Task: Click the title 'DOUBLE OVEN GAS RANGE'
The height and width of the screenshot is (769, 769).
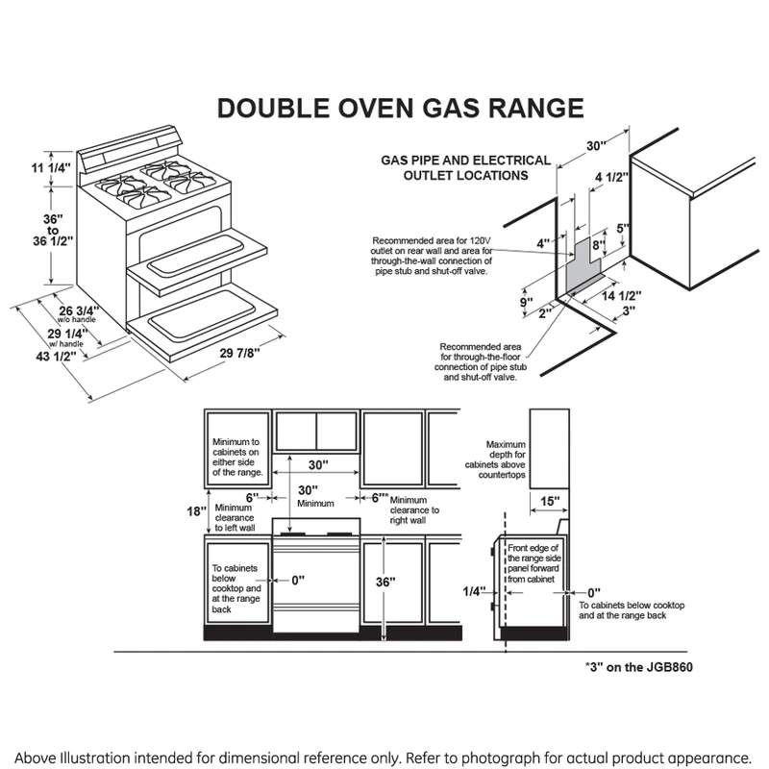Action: tap(400, 107)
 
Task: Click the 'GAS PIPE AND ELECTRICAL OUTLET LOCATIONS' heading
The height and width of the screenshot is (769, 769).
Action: tap(466, 168)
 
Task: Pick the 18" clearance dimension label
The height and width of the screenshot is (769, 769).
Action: tap(193, 512)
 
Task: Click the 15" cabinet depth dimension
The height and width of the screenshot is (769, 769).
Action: tap(550, 501)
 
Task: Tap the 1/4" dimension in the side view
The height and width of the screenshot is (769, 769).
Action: tap(473, 591)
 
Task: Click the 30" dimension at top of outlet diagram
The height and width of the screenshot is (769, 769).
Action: tap(596, 145)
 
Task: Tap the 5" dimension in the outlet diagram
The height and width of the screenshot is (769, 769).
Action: tap(622, 230)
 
